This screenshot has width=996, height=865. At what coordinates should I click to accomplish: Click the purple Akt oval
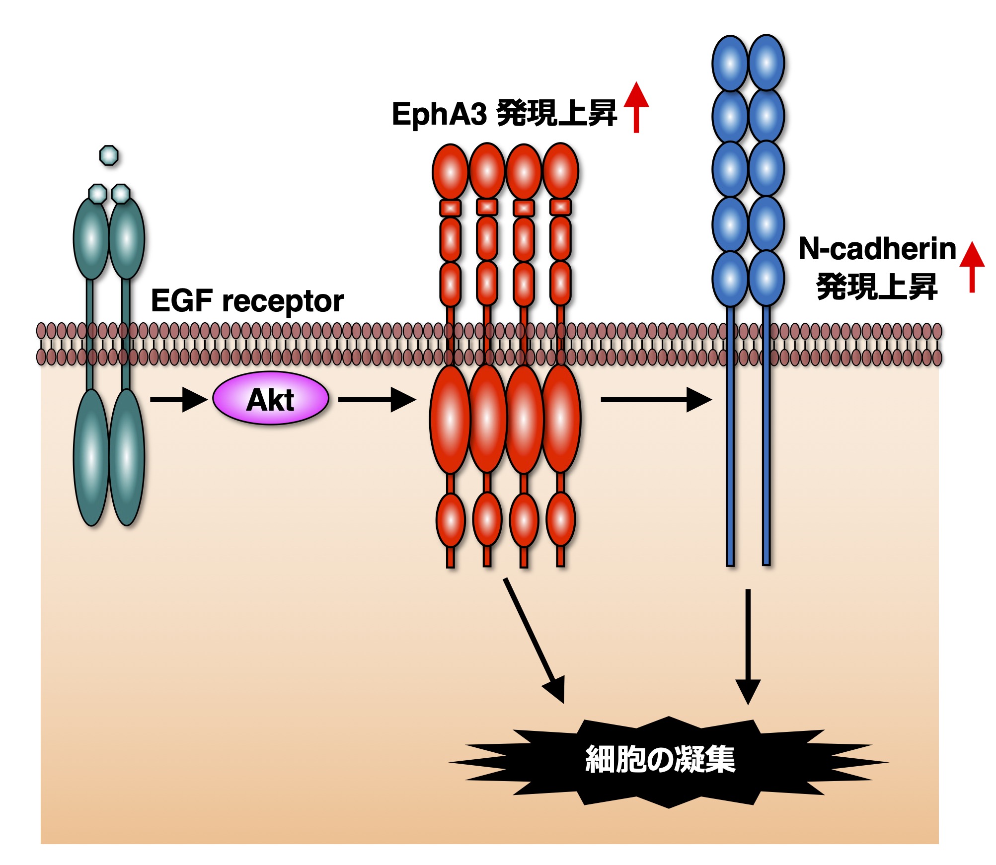click(271, 398)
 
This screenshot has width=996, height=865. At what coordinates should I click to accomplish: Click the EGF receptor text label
click(247, 301)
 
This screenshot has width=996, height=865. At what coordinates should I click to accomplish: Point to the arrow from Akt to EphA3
click(377, 399)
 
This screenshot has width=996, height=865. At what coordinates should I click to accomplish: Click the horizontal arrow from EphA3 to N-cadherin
click(656, 399)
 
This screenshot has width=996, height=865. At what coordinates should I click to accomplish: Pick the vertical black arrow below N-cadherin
click(748, 646)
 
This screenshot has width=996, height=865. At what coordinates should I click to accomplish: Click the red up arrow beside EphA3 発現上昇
click(636, 107)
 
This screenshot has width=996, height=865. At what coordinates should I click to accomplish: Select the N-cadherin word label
click(877, 249)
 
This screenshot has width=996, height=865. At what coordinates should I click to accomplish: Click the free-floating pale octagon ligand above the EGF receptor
click(109, 155)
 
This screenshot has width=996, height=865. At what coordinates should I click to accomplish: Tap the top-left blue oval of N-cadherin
click(730, 64)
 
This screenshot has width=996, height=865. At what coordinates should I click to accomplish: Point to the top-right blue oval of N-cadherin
click(766, 63)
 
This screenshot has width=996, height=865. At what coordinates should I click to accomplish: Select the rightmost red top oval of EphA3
click(560, 171)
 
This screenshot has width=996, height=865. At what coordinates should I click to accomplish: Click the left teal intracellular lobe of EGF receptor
click(91, 457)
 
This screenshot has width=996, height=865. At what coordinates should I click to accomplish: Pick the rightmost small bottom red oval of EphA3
click(560, 520)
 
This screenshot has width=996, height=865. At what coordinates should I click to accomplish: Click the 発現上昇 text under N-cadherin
click(877, 287)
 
